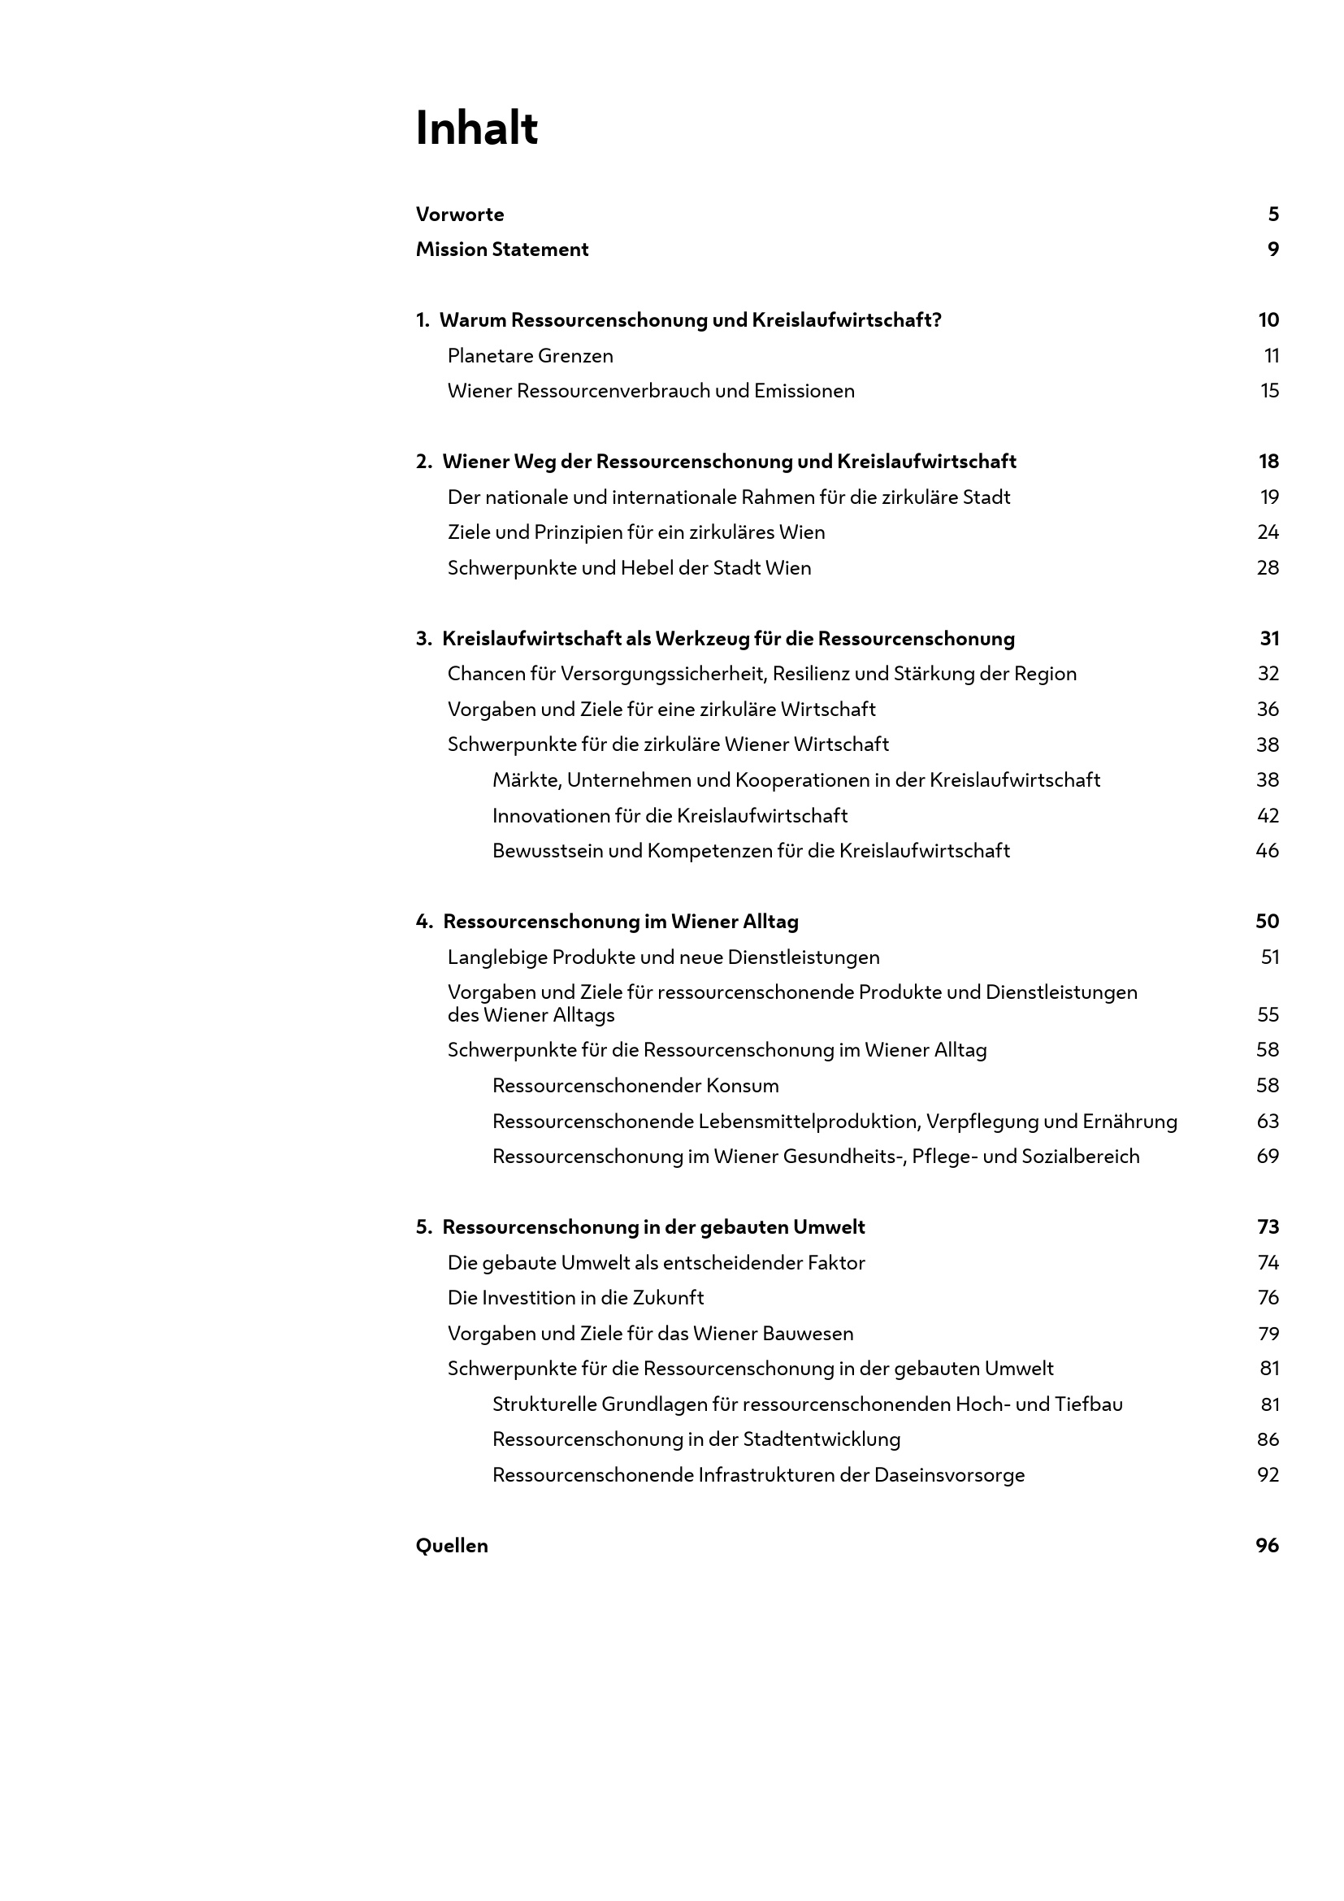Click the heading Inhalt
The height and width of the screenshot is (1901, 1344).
pos(477,129)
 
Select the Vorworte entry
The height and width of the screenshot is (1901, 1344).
pos(459,215)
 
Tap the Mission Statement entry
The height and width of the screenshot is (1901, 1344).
pos(501,250)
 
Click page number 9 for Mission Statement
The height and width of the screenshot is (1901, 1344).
pos(1272,250)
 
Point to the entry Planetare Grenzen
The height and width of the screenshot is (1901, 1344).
pos(530,356)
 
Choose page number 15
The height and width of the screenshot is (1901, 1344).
pos(1269,391)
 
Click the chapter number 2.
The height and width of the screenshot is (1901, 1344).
pos(422,462)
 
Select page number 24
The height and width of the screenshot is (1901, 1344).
pos(1268,532)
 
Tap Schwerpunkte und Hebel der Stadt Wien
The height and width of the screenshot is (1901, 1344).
pos(629,568)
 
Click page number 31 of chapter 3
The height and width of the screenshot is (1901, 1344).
pos(1269,638)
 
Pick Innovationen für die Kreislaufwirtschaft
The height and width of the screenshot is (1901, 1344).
pos(670,815)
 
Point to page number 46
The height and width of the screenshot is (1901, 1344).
pos(1267,851)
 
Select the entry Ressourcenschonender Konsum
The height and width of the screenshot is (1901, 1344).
pos(635,1086)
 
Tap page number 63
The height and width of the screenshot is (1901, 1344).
pos(1267,1121)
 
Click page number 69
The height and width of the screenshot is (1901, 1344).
pos(1267,1157)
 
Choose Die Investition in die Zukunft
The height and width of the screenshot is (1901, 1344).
pos(575,1297)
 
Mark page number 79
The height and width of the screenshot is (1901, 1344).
pos(1268,1334)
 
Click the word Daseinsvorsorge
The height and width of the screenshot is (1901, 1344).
pos(949,1474)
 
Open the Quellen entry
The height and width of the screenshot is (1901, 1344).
pos(452,1546)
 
